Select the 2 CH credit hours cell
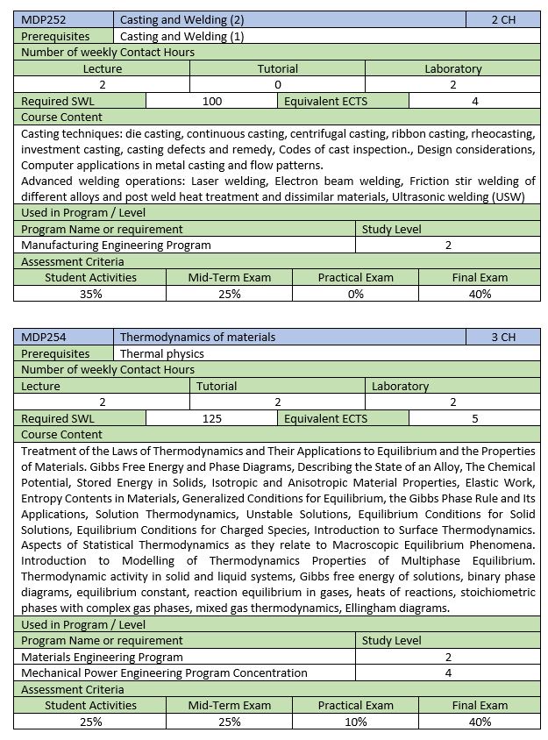tap(503, 19)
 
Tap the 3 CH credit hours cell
tap(503, 337)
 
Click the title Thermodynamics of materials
tap(197, 337)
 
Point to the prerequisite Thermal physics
tap(162, 353)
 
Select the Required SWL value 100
tap(212, 101)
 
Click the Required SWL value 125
tap(212, 418)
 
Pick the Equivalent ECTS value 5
tap(474, 418)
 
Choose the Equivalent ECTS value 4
tap(474, 101)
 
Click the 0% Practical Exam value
tap(355, 294)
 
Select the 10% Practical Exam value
tap(355, 722)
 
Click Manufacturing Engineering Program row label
tap(116, 245)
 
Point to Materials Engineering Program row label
tap(102, 657)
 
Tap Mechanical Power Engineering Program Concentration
tap(164, 672)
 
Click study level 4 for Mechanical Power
tap(448, 672)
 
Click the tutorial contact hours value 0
tap(277, 84)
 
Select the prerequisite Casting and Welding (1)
tap(181, 36)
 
